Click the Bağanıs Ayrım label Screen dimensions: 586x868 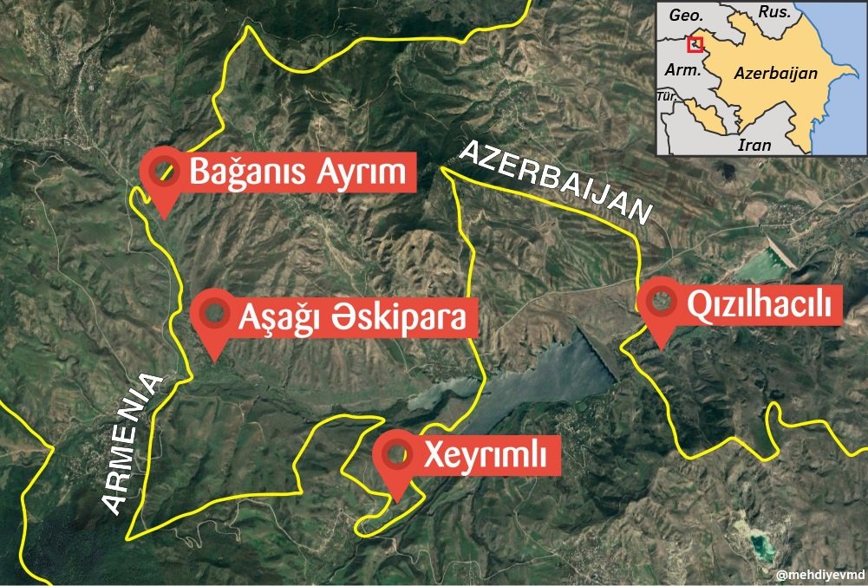click(x=297, y=173)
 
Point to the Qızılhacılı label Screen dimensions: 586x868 click(x=759, y=305)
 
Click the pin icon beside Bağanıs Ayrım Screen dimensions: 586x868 click(x=161, y=172)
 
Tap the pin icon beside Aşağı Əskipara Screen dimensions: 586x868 click(x=212, y=316)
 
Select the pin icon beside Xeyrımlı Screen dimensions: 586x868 click(x=397, y=455)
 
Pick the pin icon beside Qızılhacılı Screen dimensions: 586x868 click(x=662, y=303)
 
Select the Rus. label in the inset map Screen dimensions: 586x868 click(x=773, y=12)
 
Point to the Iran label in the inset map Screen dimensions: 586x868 click(x=754, y=145)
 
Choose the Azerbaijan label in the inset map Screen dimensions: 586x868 click(x=775, y=74)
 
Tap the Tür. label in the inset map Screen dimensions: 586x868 click(x=667, y=96)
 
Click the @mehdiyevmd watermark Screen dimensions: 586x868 click(x=818, y=575)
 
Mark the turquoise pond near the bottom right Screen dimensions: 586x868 click(x=760, y=545)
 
